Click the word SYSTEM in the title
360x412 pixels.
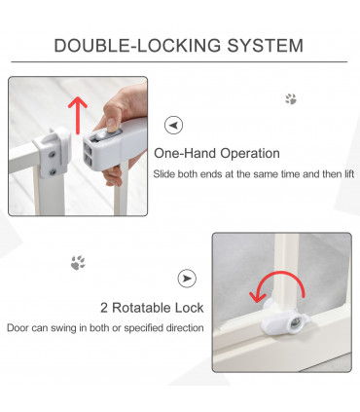tap(265, 46)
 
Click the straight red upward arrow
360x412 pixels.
tap(78, 115)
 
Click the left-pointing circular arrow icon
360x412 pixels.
tap(173, 125)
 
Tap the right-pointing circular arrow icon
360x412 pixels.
tap(187, 279)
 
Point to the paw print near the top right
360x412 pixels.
tap(291, 99)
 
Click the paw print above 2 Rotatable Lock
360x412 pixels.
tap(78, 262)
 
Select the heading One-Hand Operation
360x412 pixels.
tap(217, 153)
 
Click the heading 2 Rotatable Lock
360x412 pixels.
tap(152, 308)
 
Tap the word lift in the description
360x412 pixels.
tap(349, 174)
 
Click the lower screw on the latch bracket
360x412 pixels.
tap(52, 172)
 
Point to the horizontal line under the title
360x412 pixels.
tap(179, 61)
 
